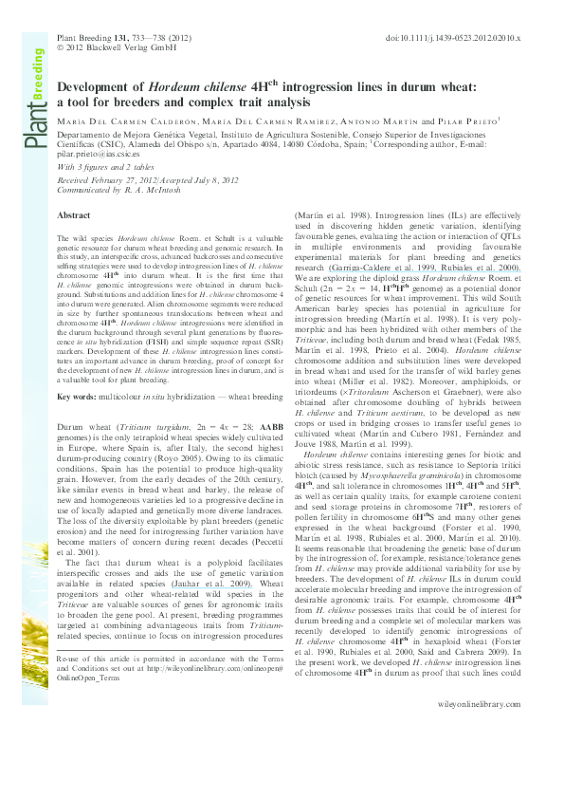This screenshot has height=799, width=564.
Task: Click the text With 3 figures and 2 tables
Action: (107, 166)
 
